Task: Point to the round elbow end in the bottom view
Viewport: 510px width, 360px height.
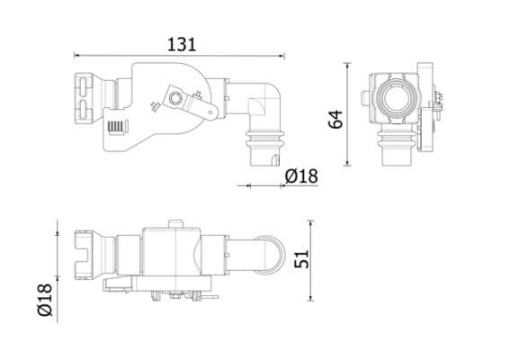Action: pyautogui.click(x=266, y=254)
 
